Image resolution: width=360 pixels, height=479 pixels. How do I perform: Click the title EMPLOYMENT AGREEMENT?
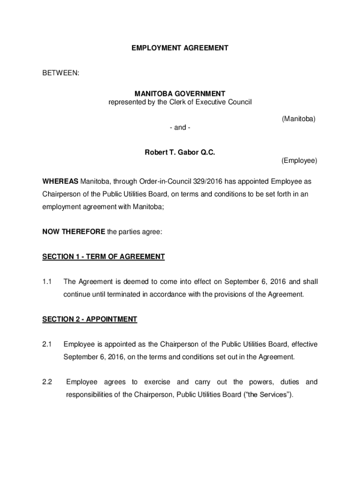click(180, 48)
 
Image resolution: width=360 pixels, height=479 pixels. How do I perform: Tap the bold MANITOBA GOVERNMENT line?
click(180, 94)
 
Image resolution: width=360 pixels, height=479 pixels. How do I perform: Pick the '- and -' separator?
click(180, 127)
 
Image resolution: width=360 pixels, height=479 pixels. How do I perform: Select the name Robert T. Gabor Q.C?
click(180, 152)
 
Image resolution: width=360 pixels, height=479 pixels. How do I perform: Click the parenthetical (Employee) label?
click(299, 161)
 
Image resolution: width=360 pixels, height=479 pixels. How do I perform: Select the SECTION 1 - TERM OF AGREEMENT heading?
click(103, 256)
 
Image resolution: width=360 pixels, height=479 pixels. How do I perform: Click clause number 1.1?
click(46, 282)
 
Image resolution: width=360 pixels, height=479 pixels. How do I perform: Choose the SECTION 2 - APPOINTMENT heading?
click(90, 319)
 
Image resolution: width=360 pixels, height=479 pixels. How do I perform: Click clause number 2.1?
click(46, 345)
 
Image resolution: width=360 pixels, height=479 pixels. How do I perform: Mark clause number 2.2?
click(46, 382)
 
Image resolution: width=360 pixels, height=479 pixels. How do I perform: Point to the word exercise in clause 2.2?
click(157, 382)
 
